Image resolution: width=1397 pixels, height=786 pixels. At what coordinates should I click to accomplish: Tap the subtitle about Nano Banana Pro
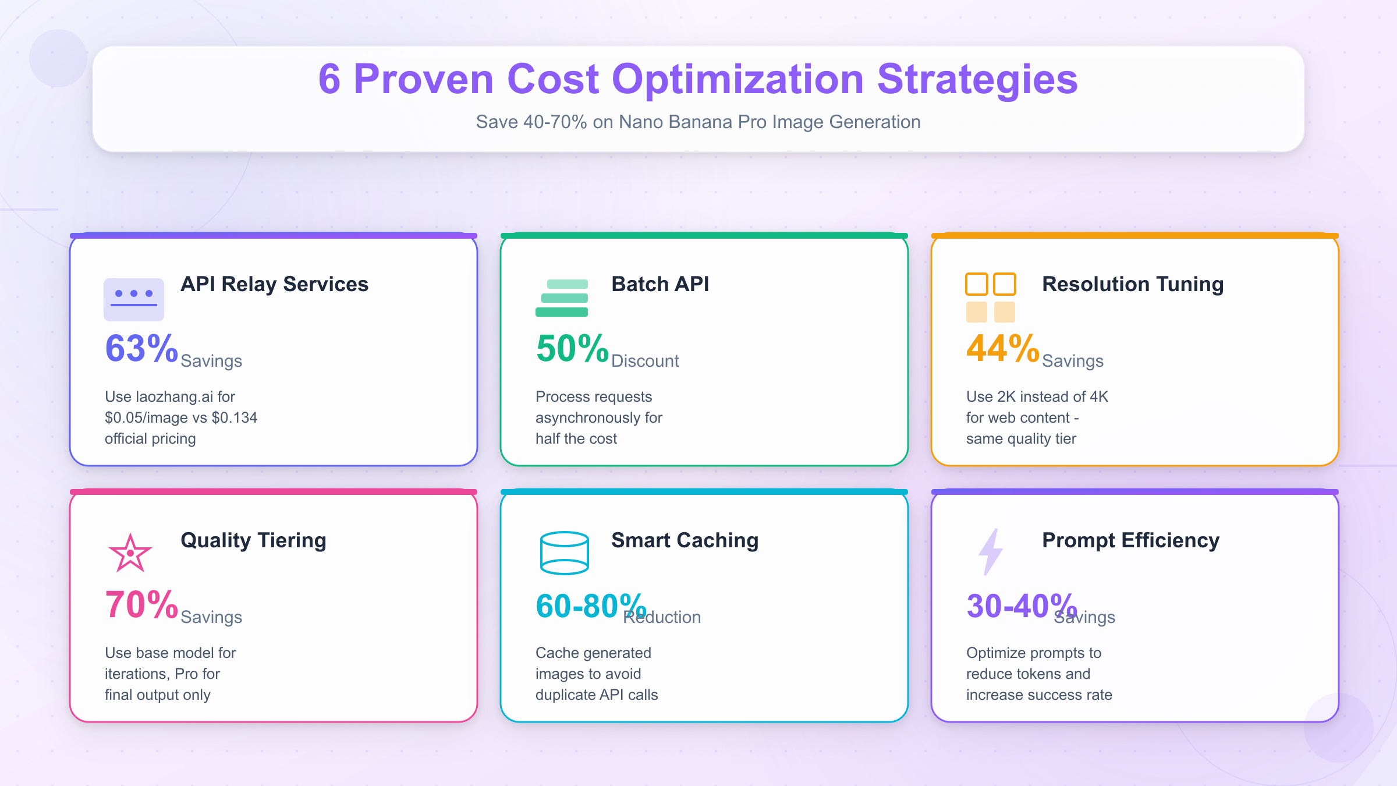(698, 122)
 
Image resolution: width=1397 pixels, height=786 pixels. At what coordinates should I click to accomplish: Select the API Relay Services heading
(274, 284)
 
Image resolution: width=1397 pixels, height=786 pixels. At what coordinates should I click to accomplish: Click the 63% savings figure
(141, 349)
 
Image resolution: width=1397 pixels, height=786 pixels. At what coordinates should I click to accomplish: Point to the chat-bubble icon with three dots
(134, 299)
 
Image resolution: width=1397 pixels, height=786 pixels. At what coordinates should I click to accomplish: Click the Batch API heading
(660, 284)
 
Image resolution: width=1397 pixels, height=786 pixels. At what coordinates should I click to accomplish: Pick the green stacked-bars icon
(562, 298)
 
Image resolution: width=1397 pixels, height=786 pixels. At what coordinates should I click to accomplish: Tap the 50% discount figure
(572, 349)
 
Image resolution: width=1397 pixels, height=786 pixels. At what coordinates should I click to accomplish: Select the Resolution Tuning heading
(1133, 284)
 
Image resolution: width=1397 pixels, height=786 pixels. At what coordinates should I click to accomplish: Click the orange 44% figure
(1002, 349)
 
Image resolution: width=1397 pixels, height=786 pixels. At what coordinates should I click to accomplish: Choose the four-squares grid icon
(990, 298)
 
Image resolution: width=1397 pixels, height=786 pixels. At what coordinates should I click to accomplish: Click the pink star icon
(130, 553)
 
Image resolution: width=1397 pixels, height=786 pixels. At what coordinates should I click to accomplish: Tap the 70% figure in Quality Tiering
(141, 605)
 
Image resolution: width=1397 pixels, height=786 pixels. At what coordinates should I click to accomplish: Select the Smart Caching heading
(685, 540)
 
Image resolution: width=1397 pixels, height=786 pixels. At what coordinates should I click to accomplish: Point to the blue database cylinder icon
(564, 553)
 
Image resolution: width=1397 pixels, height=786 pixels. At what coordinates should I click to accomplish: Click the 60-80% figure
(590, 606)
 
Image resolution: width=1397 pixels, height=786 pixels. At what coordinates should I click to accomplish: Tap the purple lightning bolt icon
(991, 552)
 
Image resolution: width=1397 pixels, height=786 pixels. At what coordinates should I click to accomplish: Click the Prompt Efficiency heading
(1130, 540)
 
